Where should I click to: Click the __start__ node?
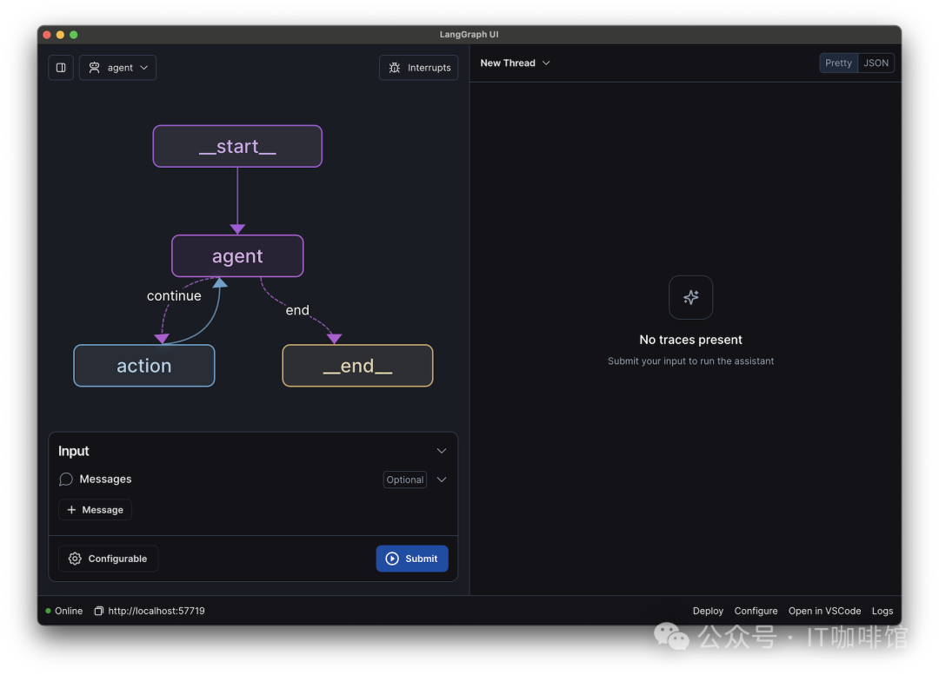237,146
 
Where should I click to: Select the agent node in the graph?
237,256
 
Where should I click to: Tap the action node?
143,366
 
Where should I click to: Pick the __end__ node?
357,366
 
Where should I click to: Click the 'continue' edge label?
174,295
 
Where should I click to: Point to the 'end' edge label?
297,310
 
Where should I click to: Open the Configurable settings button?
108,559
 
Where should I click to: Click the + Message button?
96,510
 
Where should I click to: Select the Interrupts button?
418,68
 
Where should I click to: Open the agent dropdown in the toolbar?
118,68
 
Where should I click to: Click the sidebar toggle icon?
61,68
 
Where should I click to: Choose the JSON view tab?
876,63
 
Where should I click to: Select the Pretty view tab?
838,63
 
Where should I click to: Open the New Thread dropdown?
515,63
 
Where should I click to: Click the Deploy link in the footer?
708,611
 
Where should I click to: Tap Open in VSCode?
824,611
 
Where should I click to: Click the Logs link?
882,611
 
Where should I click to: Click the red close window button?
47,35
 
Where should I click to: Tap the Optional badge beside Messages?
405,480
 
